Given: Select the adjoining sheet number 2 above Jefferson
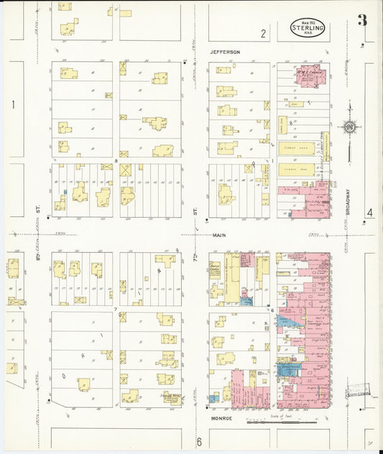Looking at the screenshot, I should click(x=263, y=33).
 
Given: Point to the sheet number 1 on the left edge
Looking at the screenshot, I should click(x=13, y=105).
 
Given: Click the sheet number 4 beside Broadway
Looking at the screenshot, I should click(x=369, y=213).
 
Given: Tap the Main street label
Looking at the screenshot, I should click(x=219, y=235).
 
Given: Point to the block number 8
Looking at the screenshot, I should click(x=116, y=161).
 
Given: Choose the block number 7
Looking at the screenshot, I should click(x=116, y=309).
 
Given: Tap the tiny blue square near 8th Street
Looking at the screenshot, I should click(x=65, y=192).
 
